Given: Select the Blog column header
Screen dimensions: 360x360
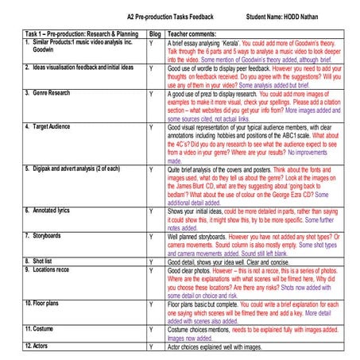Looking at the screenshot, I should tap(154, 35).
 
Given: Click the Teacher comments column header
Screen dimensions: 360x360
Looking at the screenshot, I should tap(195, 35).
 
